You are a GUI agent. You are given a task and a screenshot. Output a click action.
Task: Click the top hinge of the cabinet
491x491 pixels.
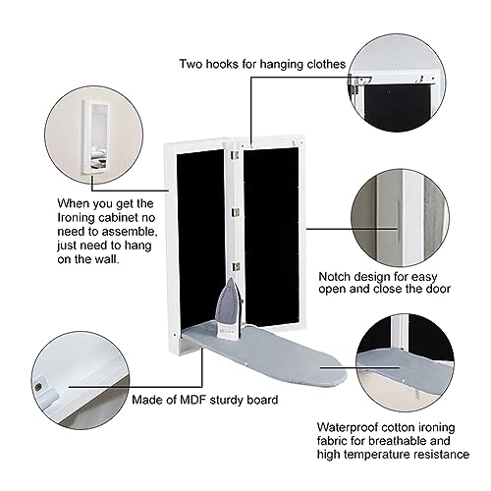236,155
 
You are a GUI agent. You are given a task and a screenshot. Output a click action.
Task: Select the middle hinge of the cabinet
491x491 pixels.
236,210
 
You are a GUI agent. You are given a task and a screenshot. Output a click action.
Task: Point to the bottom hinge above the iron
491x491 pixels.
236,265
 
